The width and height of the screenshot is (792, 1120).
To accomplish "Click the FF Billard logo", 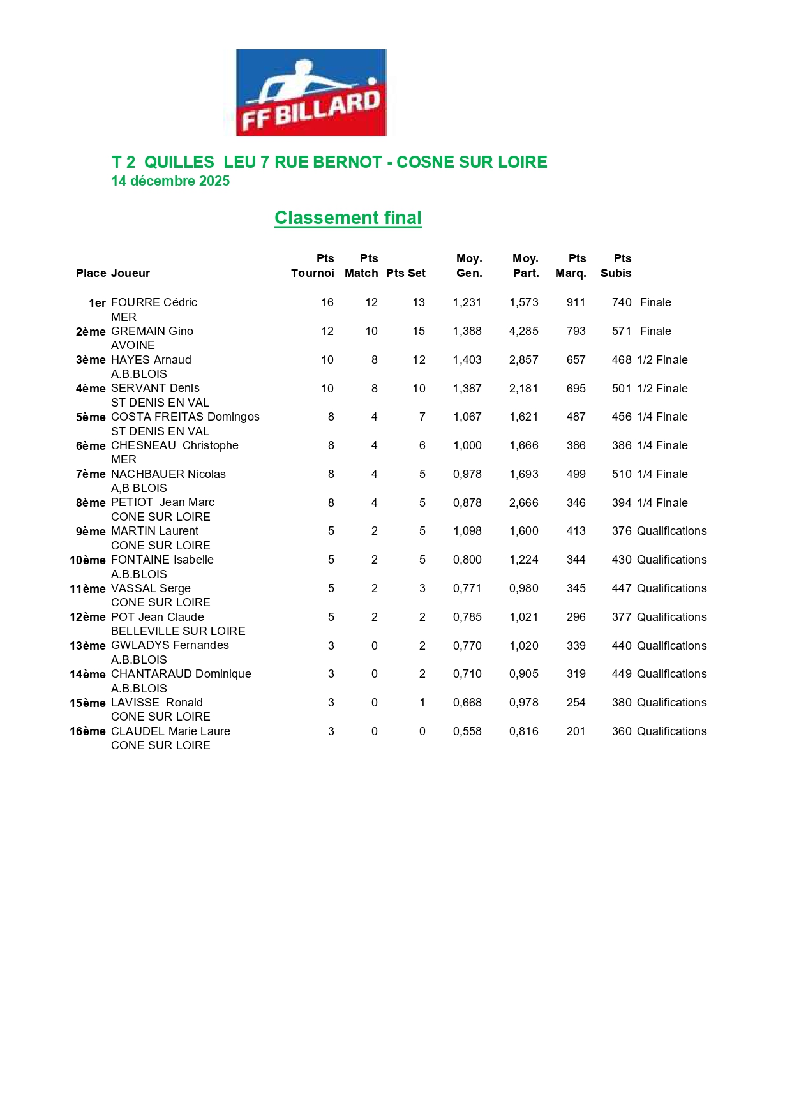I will click(311, 93).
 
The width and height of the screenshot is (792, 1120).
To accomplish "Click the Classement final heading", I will click(348, 218).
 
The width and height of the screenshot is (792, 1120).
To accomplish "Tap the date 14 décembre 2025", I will click(170, 181).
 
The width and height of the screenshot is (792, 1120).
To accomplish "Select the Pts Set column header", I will click(405, 273).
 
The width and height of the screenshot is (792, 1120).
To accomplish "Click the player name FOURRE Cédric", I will click(154, 302).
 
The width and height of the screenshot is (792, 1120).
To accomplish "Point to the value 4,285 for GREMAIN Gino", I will click(523, 331).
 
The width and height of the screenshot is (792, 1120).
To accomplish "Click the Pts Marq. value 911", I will click(576, 302).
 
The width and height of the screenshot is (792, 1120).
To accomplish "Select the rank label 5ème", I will click(91, 417).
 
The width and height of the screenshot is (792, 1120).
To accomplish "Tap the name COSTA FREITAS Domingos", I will click(185, 417).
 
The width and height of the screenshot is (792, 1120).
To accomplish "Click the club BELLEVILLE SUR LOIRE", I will click(178, 631).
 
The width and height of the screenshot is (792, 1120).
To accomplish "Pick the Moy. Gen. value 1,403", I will click(467, 360).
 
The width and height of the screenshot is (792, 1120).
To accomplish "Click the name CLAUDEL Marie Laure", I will click(170, 731).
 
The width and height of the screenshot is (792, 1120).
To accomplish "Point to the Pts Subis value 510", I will click(621, 474).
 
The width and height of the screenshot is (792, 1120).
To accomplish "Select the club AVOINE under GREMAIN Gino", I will click(133, 345).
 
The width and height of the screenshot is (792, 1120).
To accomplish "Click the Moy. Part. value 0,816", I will click(523, 731).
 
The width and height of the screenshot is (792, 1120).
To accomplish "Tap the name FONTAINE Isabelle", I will click(162, 560).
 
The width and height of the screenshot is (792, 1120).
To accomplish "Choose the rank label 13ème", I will click(87, 646).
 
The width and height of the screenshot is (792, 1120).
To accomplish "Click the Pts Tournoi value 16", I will click(327, 302).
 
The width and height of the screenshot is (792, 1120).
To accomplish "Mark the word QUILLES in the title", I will click(179, 162).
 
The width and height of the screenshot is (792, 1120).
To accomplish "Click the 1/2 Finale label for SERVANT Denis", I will click(662, 389).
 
